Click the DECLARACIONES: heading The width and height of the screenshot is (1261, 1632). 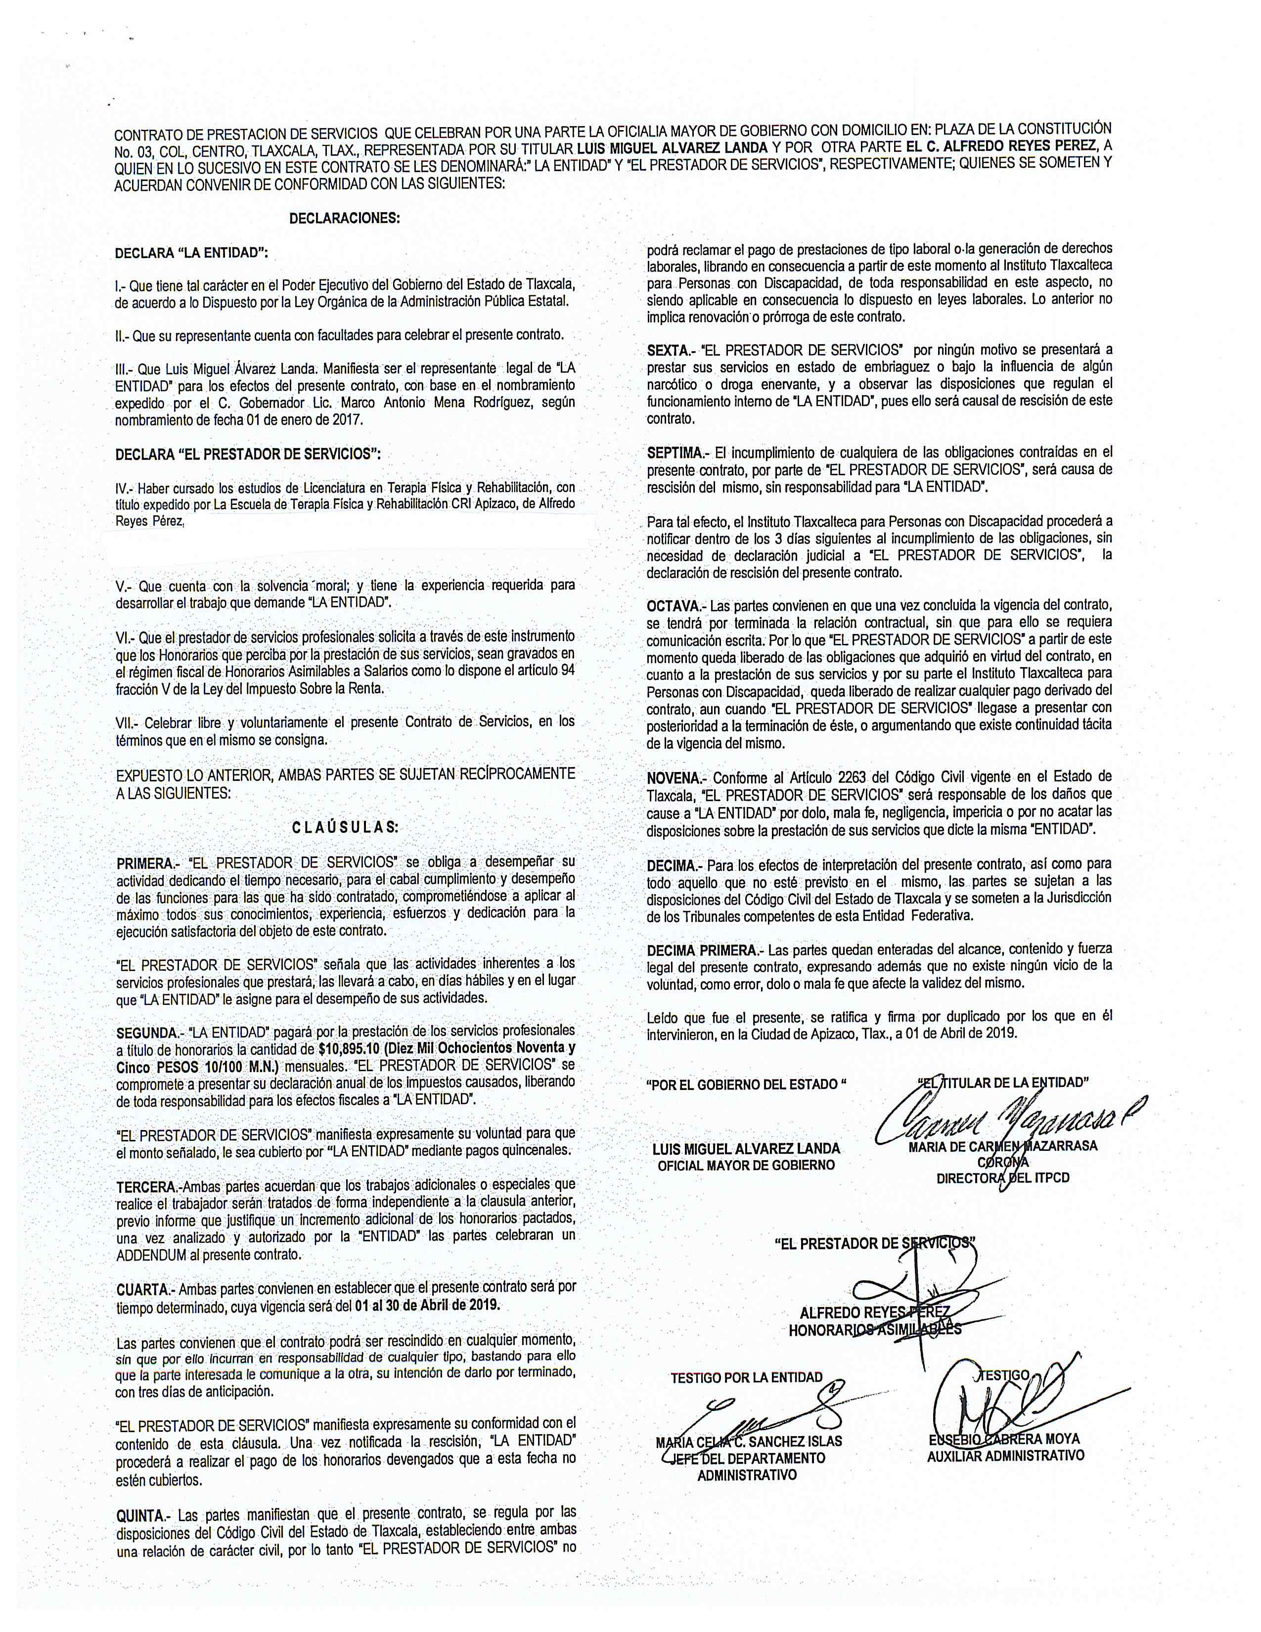tap(344, 219)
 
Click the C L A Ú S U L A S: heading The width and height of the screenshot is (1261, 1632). tap(344, 827)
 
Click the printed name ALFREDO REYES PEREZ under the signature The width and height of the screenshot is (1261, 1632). tap(874, 1313)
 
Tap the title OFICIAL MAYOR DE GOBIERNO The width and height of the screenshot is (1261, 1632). tap(746, 1165)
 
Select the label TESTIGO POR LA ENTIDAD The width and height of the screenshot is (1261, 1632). tap(746, 1377)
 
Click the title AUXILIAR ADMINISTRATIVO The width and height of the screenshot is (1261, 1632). tap(1005, 1455)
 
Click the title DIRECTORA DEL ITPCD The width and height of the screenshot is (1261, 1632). tap(1002, 1179)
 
